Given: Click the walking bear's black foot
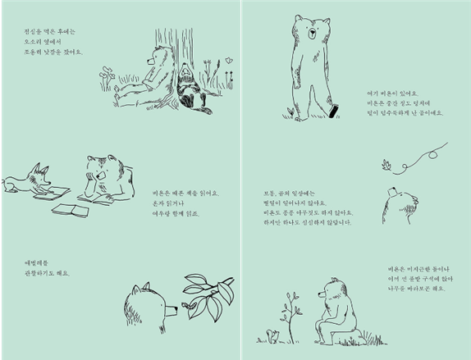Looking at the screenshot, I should coord(332,111).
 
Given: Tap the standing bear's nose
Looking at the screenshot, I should coord(311,34).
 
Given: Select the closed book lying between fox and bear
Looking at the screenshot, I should coord(70,210).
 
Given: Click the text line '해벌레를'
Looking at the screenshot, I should coord(37,263).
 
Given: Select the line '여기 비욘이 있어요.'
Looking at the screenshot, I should coord(393,93).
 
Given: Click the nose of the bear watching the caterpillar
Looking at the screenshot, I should coord(174,310).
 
